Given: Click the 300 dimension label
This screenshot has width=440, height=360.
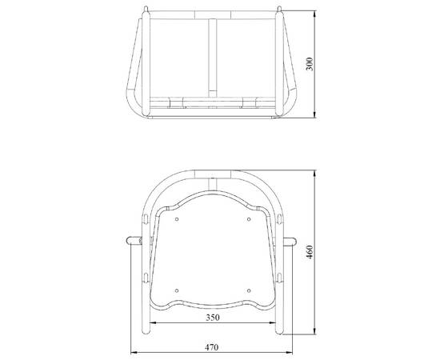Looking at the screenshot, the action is (x=310, y=64).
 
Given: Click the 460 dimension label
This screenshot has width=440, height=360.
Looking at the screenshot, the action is (x=310, y=252).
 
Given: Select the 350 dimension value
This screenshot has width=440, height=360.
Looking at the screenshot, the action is (x=213, y=318).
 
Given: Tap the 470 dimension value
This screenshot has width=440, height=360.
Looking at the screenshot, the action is (x=211, y=347).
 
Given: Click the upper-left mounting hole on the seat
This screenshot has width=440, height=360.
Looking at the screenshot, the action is (x=177, y=219).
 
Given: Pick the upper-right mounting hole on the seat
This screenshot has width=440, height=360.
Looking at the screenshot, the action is (x=249, y=219).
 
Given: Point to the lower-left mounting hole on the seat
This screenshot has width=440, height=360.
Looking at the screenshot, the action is (x=177, y=290).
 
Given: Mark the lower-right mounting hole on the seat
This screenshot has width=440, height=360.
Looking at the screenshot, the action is (x=249, y=290).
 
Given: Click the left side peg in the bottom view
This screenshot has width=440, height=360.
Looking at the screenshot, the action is (x=134, y=241).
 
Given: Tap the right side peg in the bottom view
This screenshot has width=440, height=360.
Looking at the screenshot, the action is (x=289, y=242).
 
